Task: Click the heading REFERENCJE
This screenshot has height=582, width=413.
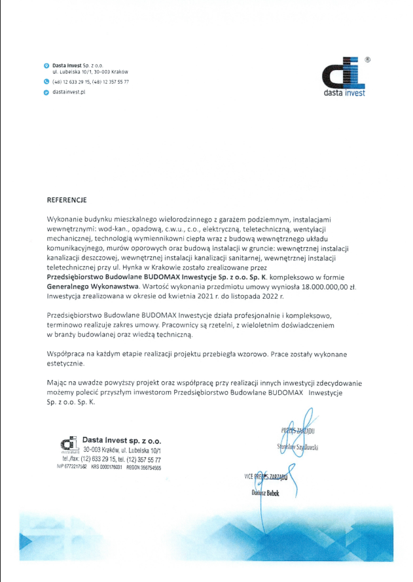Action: click(67, 197)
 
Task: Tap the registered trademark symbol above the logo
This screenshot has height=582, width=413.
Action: click(367, 60)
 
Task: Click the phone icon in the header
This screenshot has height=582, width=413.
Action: click(46, 82)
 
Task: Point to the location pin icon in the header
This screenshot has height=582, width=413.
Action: click(46, 66)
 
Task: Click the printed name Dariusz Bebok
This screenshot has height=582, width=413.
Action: click(265, 493)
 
